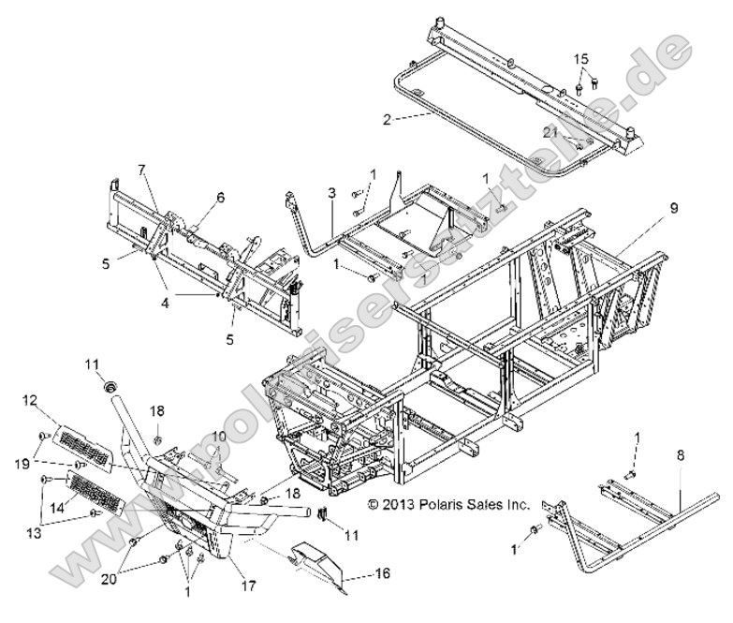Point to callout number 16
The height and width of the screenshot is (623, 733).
[x=383, y=573]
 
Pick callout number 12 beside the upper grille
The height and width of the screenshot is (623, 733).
[x=30, y=400]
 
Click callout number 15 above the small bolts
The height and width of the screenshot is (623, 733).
[x=582, y=58]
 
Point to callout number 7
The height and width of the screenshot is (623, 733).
[x=142, y=171]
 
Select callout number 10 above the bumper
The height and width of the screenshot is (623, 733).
[x=217, y=437]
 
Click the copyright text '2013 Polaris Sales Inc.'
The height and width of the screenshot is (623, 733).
[x=449, y=504]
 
